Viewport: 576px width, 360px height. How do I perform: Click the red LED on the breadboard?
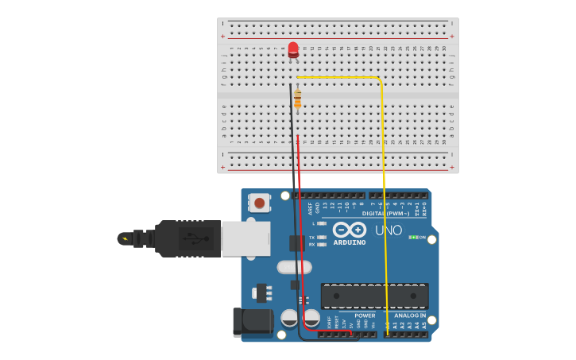[293, 49]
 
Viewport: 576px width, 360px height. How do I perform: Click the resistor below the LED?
[298, 99]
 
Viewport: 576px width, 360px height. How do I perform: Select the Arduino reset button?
[260, 203]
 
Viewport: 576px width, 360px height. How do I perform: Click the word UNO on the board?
[389, 230]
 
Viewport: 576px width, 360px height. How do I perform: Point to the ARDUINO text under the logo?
[350, 242]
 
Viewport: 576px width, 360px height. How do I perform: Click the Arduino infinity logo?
[350, 229]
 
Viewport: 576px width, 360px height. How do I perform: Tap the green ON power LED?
[412, 237]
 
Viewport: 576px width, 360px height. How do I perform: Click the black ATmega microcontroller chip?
[374, 296]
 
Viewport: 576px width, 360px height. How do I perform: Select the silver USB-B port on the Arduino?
[245, 238]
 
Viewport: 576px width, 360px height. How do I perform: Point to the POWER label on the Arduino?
[365, 315]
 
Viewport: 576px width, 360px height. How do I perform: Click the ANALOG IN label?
[410, 315]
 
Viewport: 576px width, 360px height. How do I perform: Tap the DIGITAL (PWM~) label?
[385, 213]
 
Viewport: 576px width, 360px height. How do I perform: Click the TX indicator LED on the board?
[322, 237]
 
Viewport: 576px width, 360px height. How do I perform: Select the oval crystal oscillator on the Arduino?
[294, 267]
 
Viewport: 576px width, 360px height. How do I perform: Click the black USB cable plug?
[187, 238]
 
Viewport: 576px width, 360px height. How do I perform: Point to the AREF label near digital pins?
[311, 208]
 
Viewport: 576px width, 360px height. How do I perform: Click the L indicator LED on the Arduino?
[322, 224]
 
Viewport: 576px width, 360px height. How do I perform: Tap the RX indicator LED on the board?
[322, 244]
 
